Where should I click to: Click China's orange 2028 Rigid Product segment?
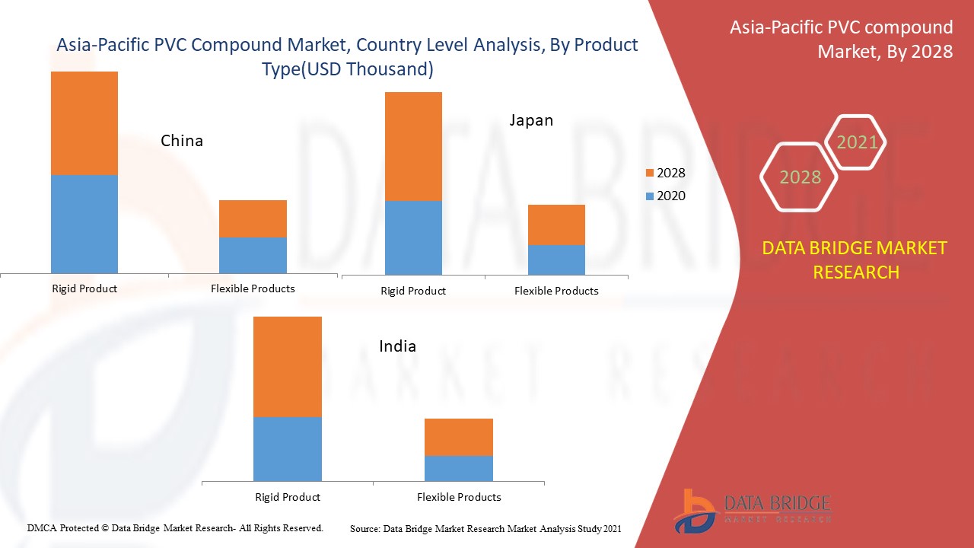coord(84,123)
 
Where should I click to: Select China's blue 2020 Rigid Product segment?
coord(84,224)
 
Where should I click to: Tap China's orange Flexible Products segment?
coord(253,218)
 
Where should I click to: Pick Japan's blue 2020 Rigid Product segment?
coord(413,237)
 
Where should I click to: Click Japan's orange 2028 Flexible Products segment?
coord(556,225)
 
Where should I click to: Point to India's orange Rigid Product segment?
coord(287,366)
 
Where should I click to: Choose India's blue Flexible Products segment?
coord(458,468)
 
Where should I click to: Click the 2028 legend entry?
coord(664,173)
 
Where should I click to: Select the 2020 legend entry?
coord(664,196)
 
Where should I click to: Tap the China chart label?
coord(182,141)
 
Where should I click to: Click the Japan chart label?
coord(531,120)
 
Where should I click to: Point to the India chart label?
coord(397,346)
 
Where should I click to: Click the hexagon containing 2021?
coord(856,142)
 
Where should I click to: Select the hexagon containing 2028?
coord(799,177)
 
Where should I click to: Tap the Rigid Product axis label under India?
coord(287,497)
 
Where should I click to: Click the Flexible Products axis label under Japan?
coord(556,291)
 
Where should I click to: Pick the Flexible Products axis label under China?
coord(253,288)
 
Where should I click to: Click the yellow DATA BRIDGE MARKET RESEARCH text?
coord(855,260)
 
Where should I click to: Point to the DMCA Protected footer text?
coord(175,527)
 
